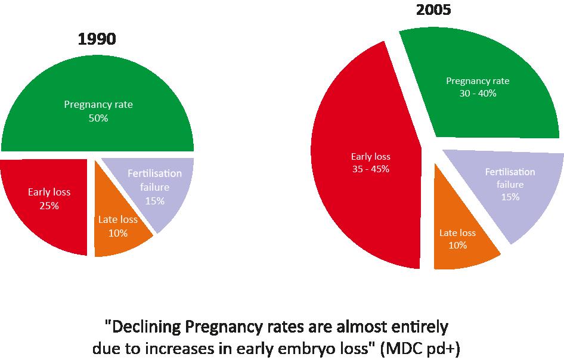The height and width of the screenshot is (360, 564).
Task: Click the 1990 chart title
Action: pos(97,39)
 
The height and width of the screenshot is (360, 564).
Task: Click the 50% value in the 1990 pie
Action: pos(98,119)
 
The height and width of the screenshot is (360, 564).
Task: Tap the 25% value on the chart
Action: pos(49,206)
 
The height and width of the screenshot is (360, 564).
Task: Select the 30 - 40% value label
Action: pos(478,94)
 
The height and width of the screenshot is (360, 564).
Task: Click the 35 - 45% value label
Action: pos(370,169)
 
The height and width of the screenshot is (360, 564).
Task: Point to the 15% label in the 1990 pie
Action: pos(155,201)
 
